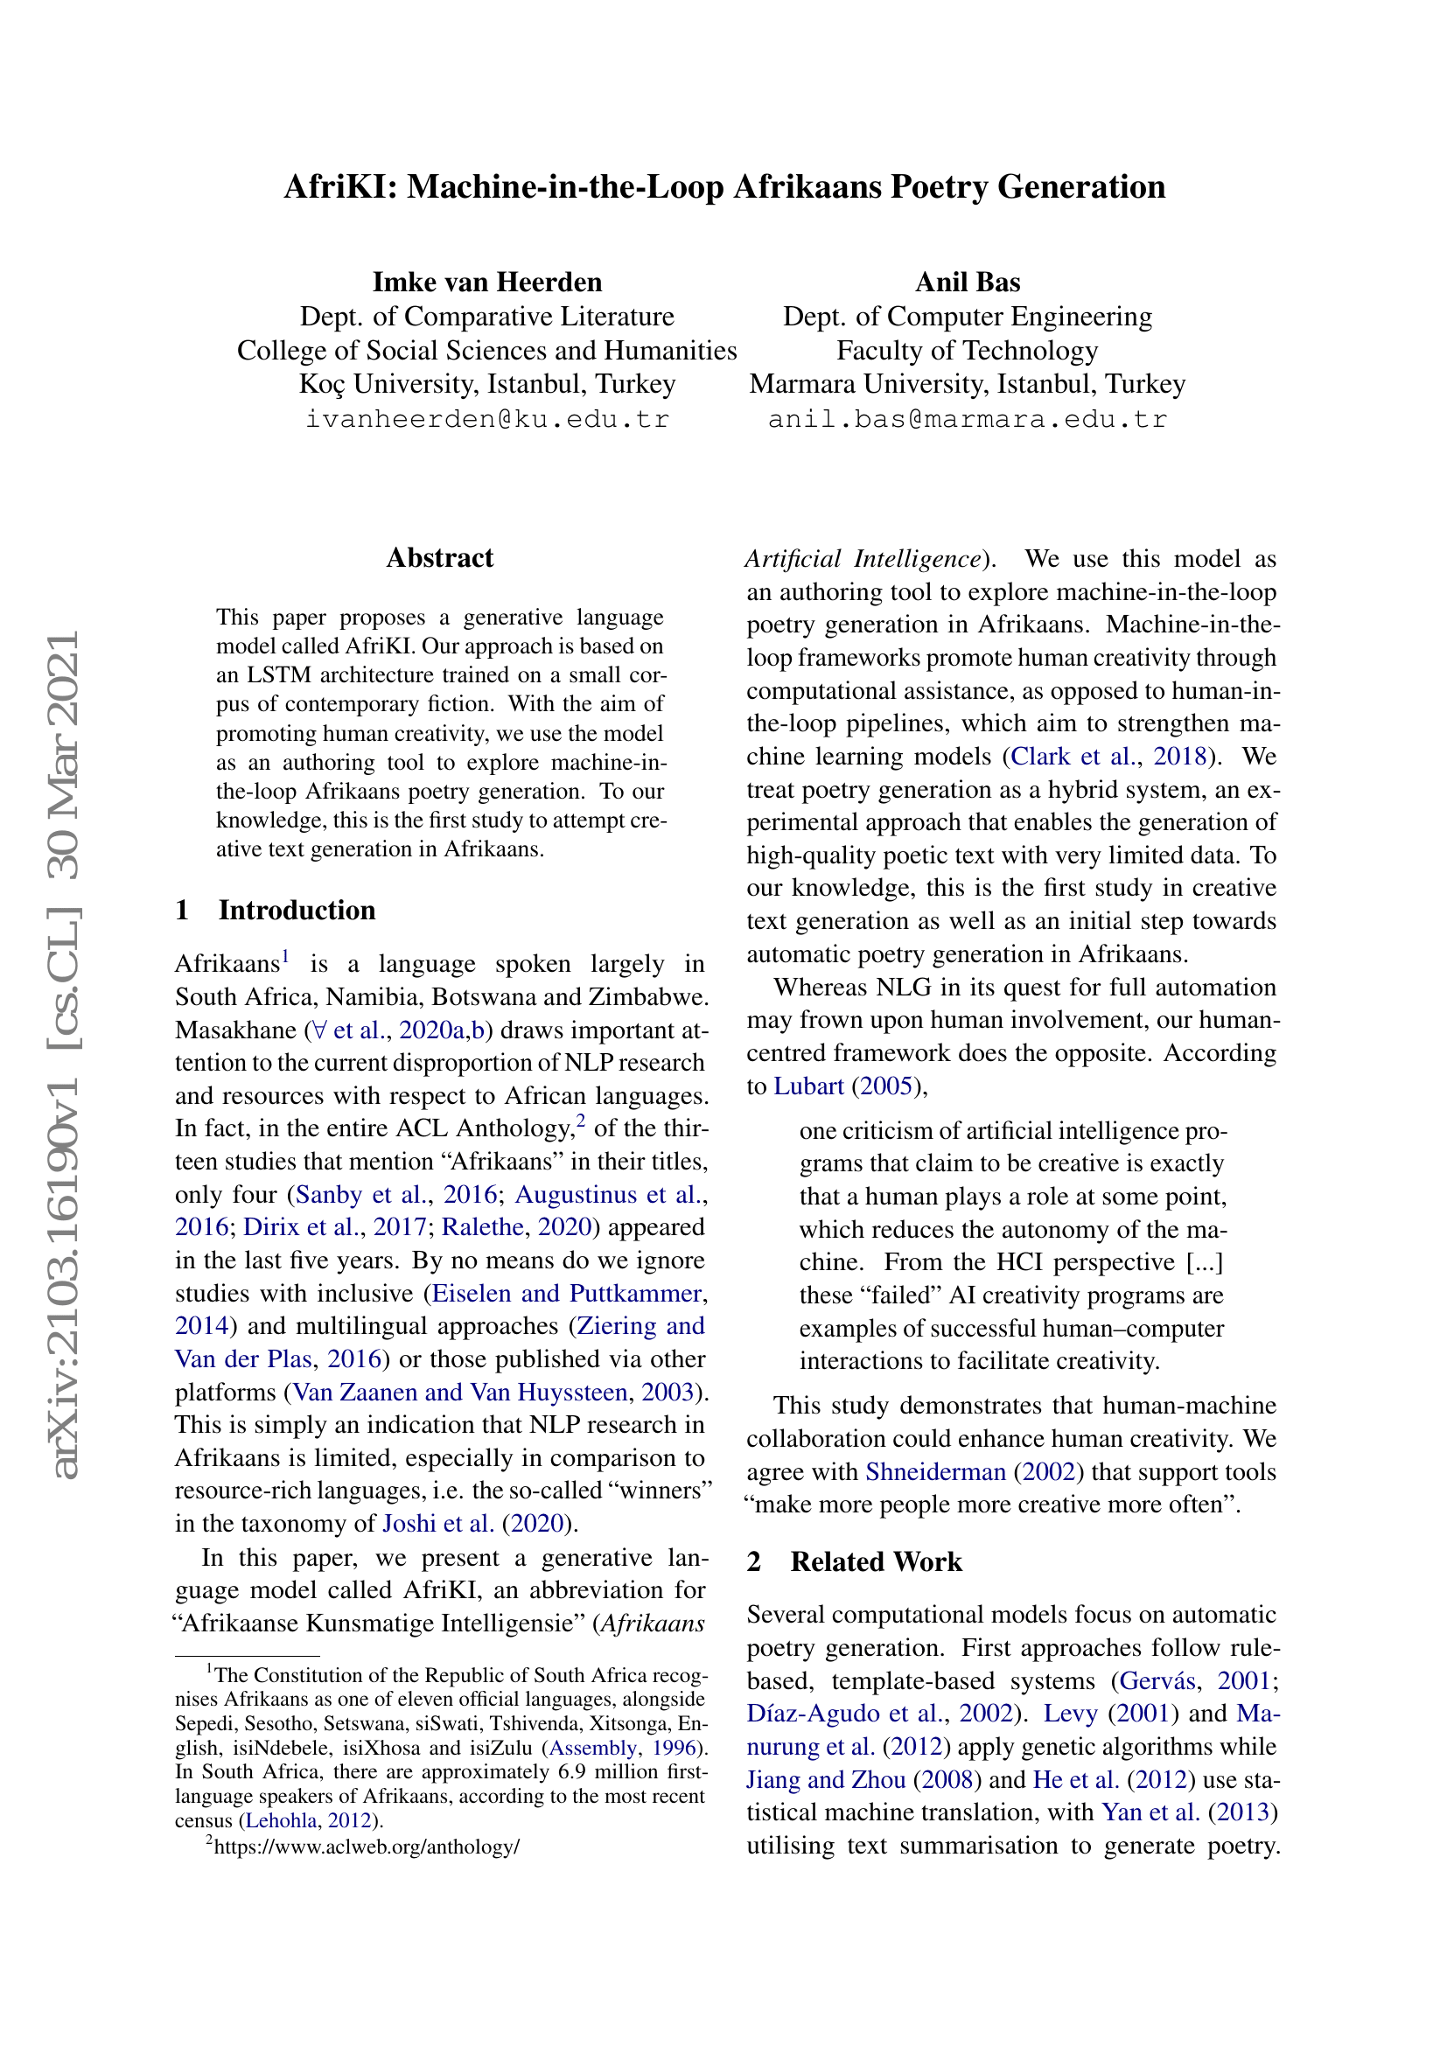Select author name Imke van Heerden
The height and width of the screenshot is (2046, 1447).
tap(486, 283)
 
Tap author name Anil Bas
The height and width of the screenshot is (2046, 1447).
tap(967, 283)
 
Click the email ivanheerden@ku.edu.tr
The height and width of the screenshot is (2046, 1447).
tap(486, 419)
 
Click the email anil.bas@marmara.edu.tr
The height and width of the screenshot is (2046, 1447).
tap(967, 419)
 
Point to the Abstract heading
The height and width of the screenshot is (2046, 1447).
tap(439, 558)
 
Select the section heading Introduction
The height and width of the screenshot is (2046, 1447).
tap(297, 910)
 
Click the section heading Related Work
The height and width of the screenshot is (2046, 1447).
tap(876, 1561)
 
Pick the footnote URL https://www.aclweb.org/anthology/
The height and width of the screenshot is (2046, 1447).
tap(367, 1847)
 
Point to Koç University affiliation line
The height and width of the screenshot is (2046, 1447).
tap(486, 384)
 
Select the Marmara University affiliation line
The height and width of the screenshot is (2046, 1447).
tap(967, 384)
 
